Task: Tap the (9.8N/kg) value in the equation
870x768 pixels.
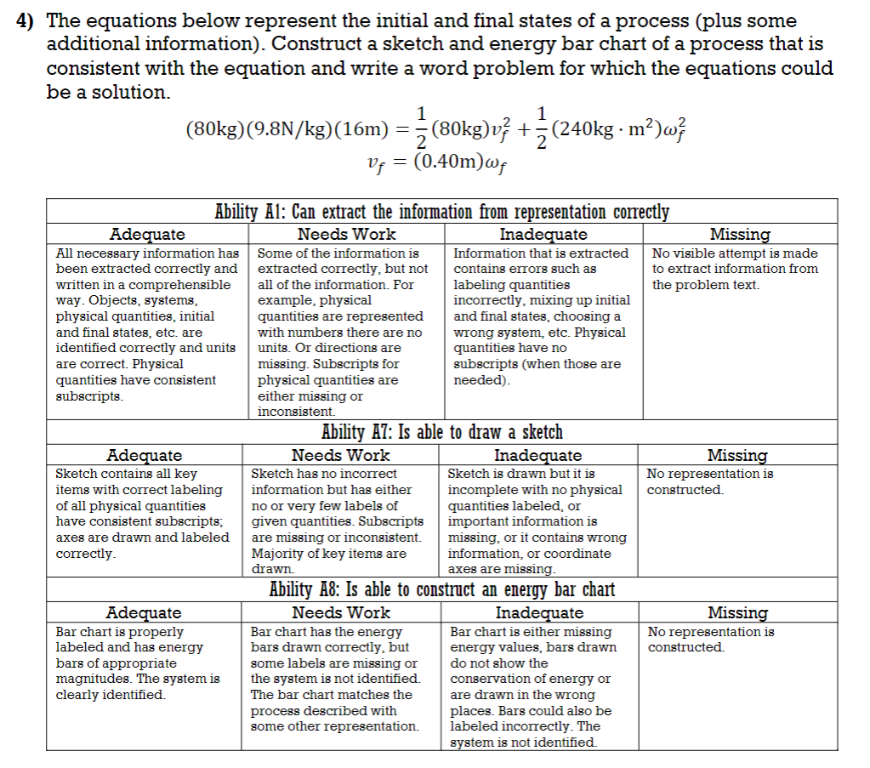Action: point(288,129)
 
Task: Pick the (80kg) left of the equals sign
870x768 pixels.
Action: point(215,129)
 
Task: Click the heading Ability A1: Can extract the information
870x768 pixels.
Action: point(441,212)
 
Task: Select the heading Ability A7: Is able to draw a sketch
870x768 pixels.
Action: point(441,433)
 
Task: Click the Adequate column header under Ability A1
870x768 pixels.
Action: point(147,234)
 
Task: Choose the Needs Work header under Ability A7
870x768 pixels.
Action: point(341,455)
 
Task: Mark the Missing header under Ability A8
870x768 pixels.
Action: point(737,612)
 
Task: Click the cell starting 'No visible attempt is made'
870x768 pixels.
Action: point(735,269)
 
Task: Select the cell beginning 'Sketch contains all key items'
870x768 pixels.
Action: point(142,514)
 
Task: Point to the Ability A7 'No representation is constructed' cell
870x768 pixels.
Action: point(710,481)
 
